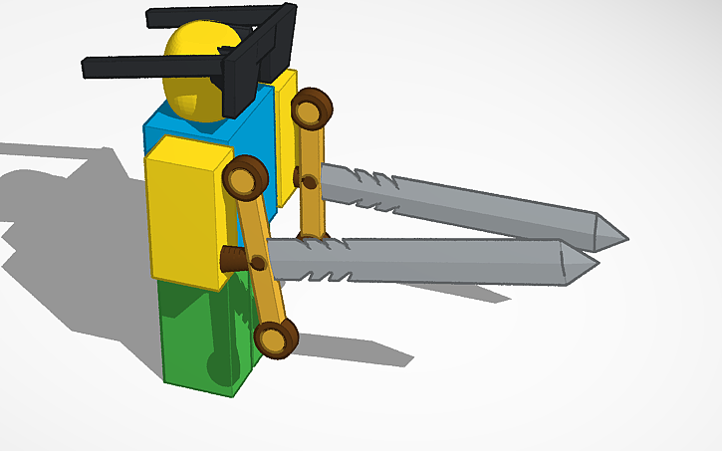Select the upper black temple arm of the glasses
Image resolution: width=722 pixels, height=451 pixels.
pos(214,17)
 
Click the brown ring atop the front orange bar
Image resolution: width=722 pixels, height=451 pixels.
pos(246,178)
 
